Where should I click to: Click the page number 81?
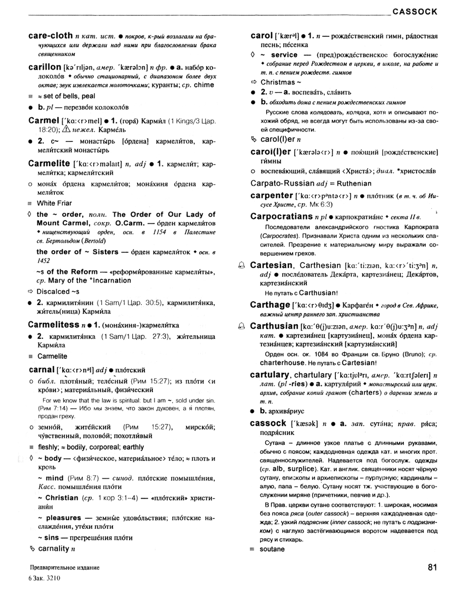[x=433, y=567]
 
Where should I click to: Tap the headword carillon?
[x=44, y=68]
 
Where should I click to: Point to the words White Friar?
[x=54, y=203]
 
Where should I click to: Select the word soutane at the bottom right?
[x=272, y=549]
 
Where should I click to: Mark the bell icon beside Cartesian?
[x=241, y=265]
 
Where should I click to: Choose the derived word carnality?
[x=54, y=549]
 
